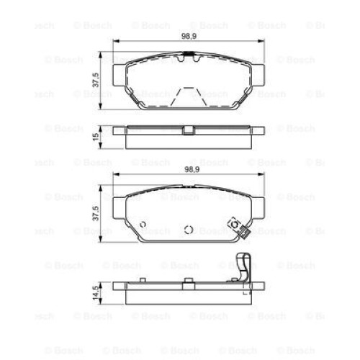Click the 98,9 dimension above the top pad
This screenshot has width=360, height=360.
[189, 36]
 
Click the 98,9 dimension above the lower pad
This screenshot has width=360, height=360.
[192, 170]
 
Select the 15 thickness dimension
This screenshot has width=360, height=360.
[96, 138]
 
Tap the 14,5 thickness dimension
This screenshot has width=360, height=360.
[96, 294]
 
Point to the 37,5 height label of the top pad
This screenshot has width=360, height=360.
[96, 80]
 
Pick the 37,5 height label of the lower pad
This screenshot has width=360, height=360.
[96, 213]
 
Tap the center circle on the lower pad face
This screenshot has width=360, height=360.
[189, 230]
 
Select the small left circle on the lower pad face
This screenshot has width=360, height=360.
[143, 225]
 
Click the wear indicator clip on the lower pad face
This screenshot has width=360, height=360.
[239, 228]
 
